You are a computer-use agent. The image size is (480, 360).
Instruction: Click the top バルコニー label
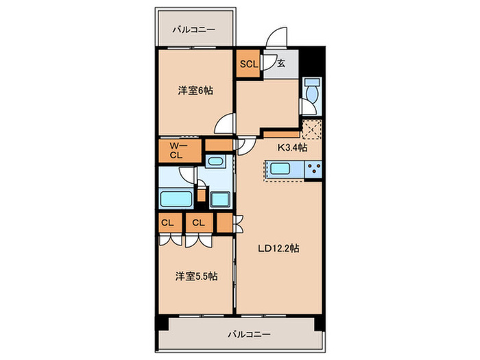(193, 30)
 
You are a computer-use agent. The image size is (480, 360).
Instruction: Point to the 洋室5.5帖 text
(196, 276)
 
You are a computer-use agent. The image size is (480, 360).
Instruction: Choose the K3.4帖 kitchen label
(292, 147)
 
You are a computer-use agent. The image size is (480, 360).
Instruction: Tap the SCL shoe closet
(248, 64)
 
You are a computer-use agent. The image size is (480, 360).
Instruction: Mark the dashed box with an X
(313, 130)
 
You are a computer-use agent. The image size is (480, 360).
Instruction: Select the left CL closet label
(167, 222)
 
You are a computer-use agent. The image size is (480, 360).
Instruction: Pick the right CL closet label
(198, 222)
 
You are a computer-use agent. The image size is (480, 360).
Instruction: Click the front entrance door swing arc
(278, 39)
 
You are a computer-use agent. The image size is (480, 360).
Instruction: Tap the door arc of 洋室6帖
(224, 125)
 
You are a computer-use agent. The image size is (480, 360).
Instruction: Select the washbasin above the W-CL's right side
(215, 163)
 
